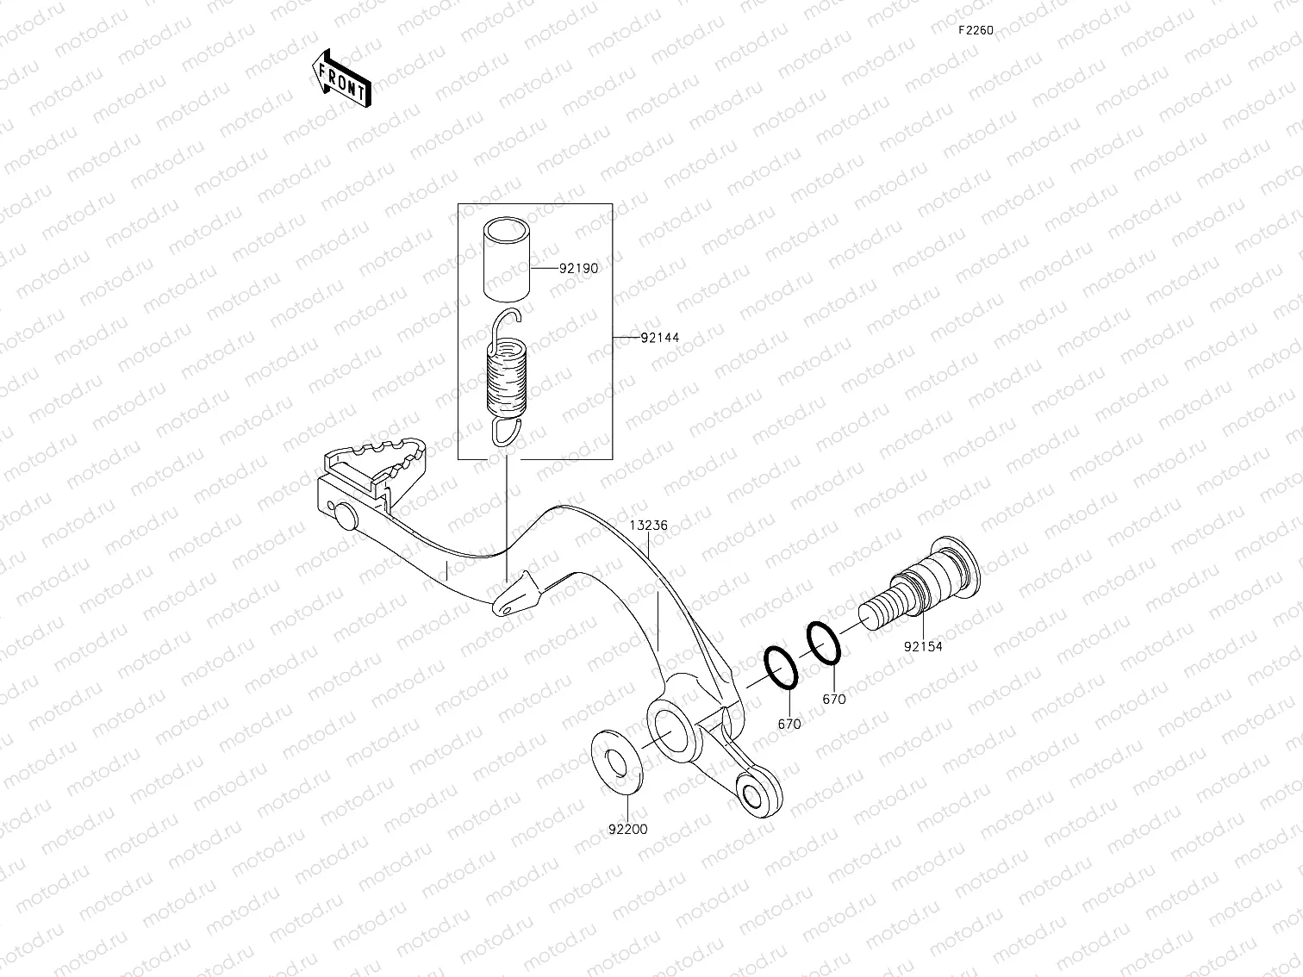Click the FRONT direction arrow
click(340, 78)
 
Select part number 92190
click(578, 268)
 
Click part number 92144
click(659, 338)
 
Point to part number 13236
click(648, 525)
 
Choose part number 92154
click(923, 646)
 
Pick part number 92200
click(627, 830)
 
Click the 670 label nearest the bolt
click(833, 700)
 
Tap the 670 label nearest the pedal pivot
click(789, 725)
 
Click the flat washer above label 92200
click(615, 761)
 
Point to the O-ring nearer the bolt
click(823, 644)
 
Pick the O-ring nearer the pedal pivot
click(781, 669)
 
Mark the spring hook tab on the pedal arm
click(515, 597)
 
